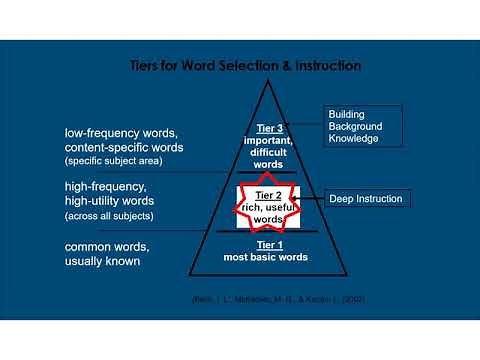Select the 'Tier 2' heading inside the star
(268, 194)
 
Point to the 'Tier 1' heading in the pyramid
(266, 246)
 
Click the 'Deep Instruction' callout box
(367, 199)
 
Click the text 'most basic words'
(266, 257)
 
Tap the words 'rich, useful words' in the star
(268, 212)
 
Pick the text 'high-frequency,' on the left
(105, 186)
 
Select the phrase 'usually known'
(102, 261)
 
